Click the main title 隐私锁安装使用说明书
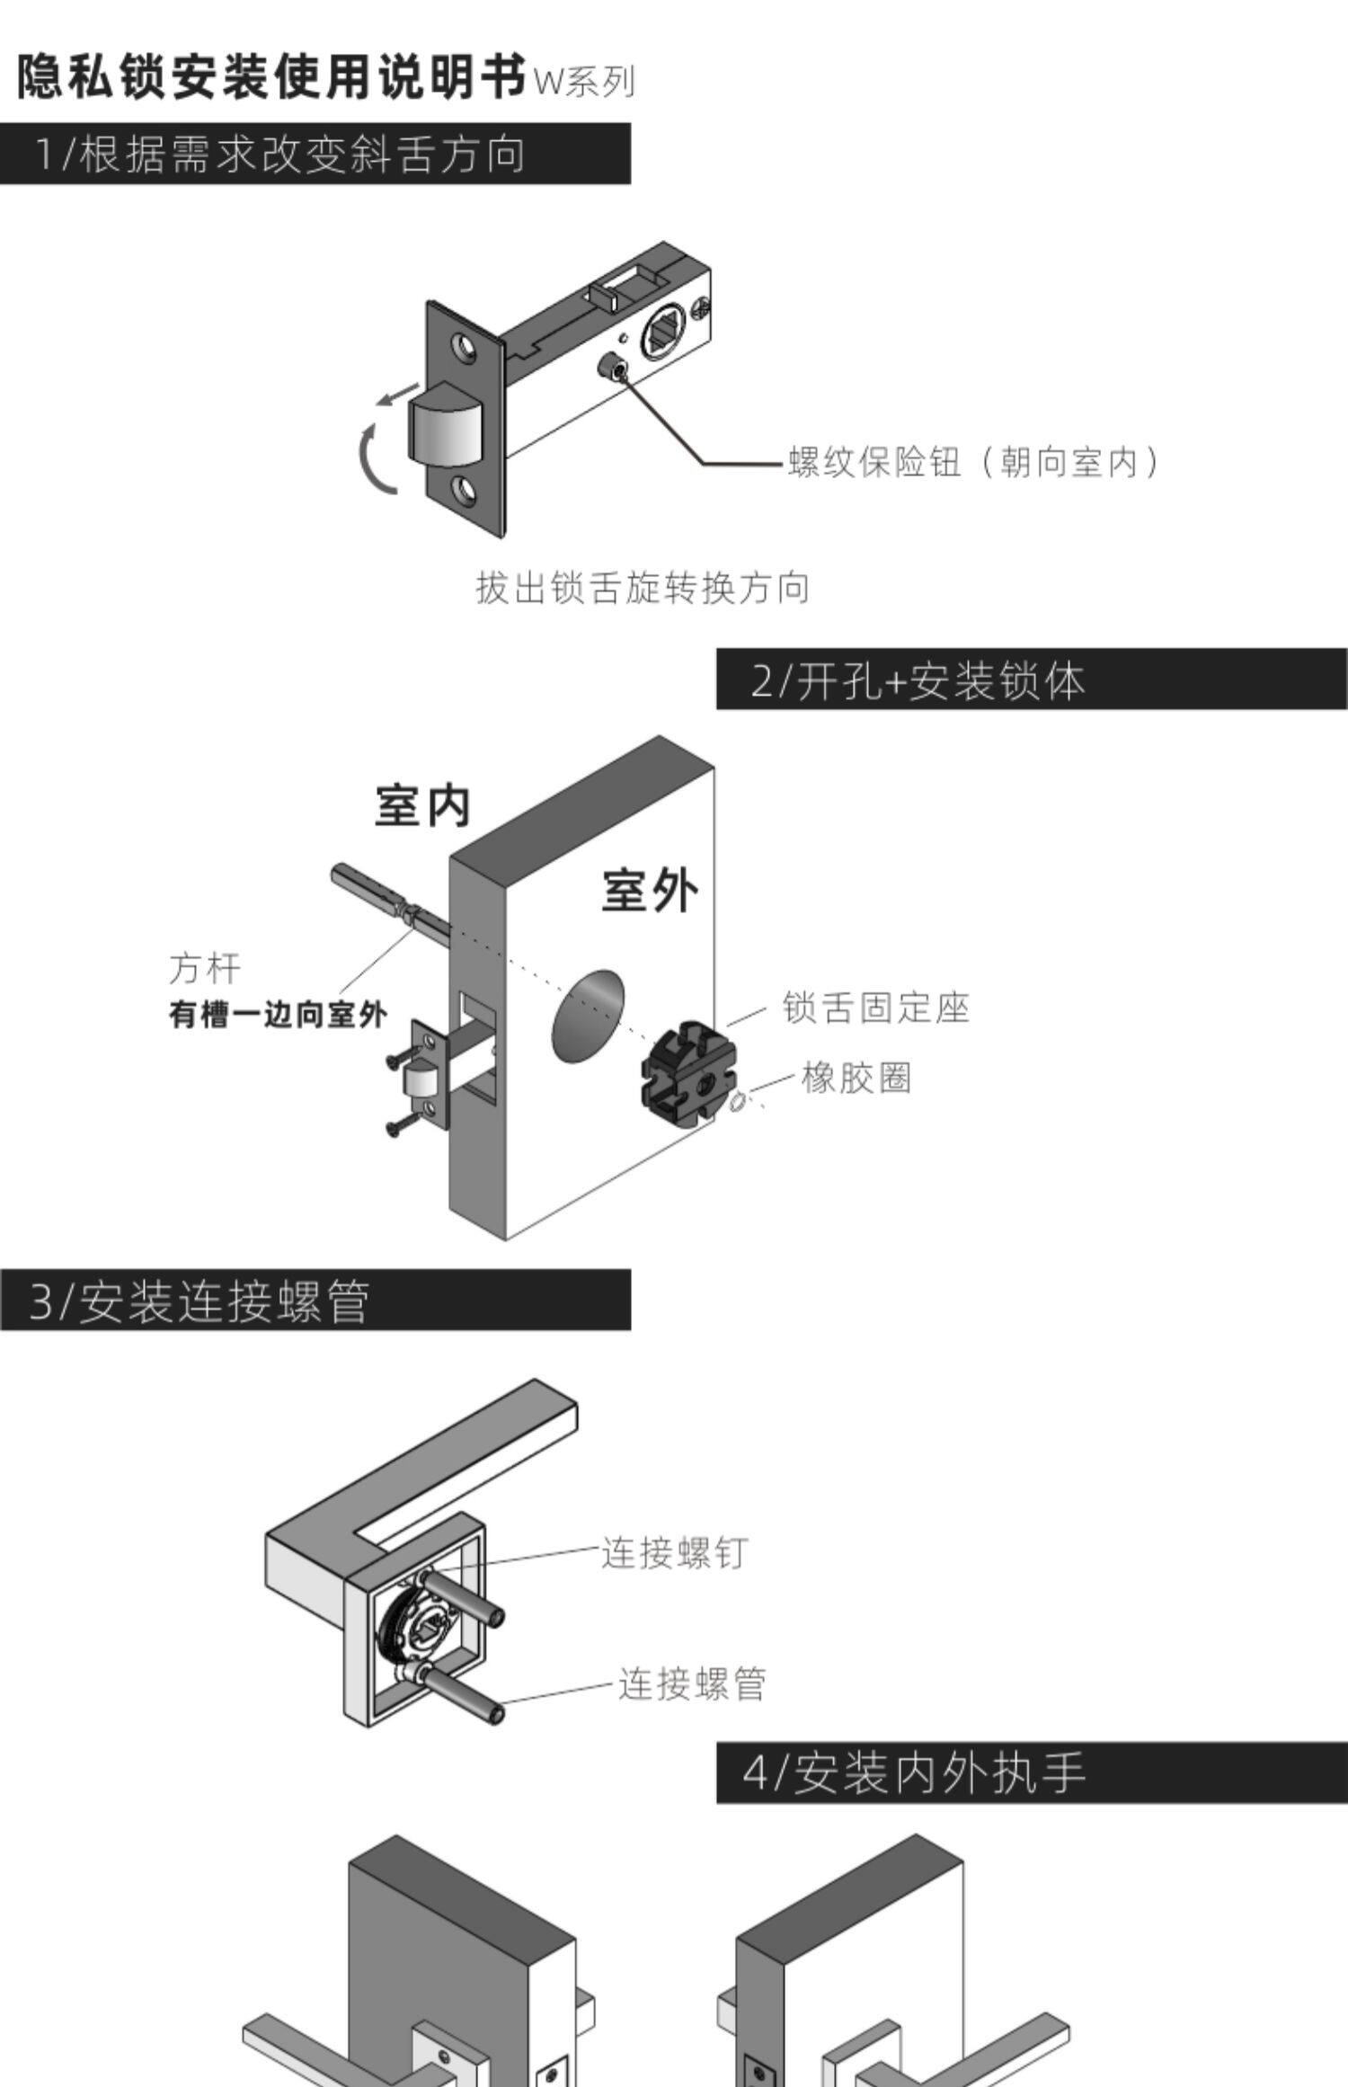271,76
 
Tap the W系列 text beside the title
584,82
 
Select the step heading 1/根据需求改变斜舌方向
279,155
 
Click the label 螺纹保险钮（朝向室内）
974,462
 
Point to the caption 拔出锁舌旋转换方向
643,588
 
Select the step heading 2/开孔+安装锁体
918,680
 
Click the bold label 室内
422,805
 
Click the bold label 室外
650,891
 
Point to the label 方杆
205,968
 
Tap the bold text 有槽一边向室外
278,1015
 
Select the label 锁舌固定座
876,1008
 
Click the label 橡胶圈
856,1077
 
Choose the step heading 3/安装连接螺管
200,1301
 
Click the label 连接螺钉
674,1553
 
